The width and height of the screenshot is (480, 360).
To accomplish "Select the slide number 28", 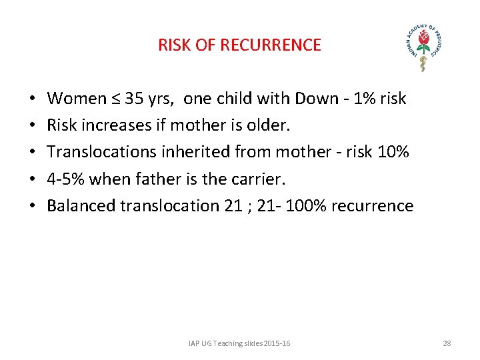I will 447,343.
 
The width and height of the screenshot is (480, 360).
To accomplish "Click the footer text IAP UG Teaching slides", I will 227,343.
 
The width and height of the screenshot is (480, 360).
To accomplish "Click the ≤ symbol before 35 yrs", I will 116,99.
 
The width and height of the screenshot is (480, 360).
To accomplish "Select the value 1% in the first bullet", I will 365,99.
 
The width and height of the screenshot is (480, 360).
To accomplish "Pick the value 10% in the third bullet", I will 393,152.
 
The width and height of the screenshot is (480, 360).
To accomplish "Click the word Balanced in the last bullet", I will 81,205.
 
